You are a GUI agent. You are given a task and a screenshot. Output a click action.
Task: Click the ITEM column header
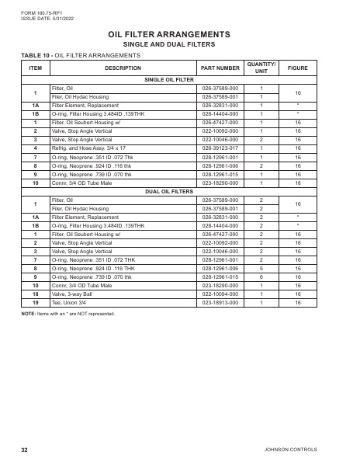click(35, 68)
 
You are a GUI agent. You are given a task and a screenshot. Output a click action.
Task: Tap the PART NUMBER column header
click(220, 68)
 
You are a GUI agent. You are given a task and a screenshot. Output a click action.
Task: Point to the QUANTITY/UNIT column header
click(261, 68)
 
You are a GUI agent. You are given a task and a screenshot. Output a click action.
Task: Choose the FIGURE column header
click(298, 68)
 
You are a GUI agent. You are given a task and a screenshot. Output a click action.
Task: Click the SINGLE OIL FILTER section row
click(169, 80)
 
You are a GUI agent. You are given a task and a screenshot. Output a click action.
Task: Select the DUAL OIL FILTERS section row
click(169, 190)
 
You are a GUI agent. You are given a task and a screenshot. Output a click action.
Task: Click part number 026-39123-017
click(220, 147)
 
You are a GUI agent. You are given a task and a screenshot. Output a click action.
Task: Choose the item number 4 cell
click(35, 147)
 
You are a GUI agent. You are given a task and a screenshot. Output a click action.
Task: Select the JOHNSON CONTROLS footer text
click(310, 450)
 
